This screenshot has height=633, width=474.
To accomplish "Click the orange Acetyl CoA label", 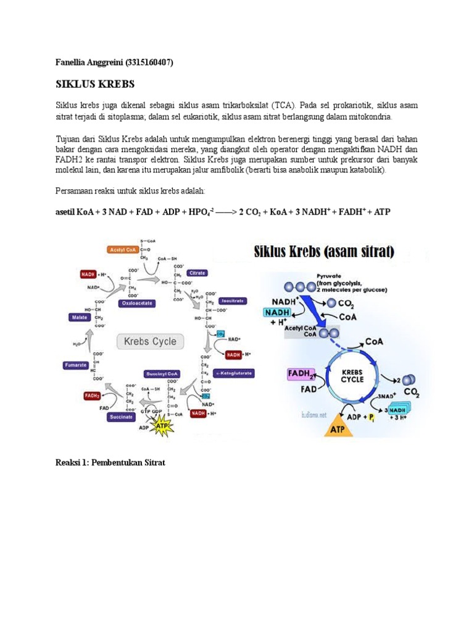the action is [x=122, y=250].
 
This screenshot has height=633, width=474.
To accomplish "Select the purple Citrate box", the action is [x=197, y=273].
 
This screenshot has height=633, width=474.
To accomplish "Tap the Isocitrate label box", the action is [x=230, y=300].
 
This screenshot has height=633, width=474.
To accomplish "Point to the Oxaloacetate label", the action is [x=138, y=304].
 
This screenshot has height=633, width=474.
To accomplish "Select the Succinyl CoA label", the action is [x=162, y=374].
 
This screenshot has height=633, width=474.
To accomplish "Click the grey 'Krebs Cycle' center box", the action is [x=150, y=341].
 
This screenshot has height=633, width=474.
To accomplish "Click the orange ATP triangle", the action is [x=338, y=428].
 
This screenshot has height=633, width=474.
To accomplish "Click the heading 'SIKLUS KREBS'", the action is [x=95, y=84].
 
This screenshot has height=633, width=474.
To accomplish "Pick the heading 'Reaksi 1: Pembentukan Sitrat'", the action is [x=110, y=462].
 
